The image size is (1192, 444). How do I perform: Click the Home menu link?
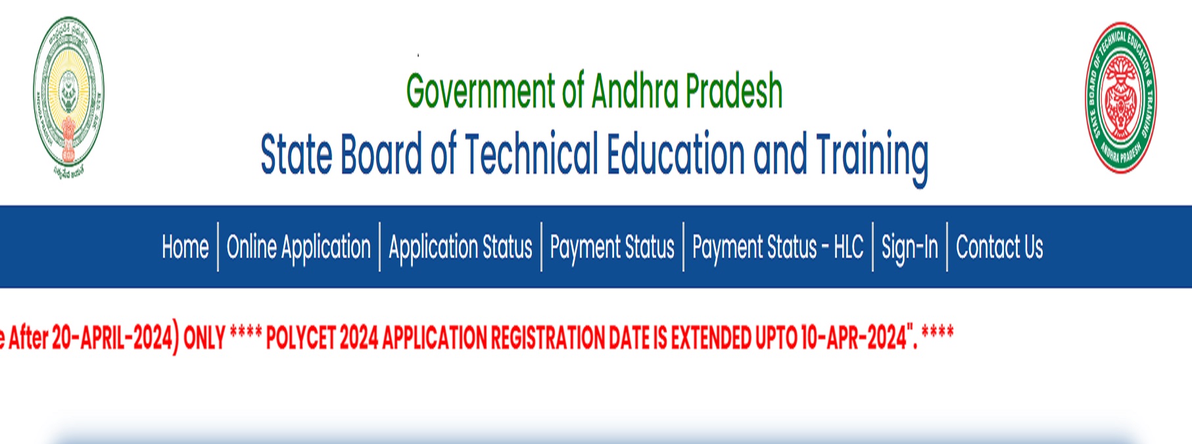[185, 247]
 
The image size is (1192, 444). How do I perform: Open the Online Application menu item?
[298, 247]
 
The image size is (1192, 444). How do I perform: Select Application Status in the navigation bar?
[460, 247]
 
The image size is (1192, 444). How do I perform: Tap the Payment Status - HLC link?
[778, 247]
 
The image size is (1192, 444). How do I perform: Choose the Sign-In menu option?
[909, 247]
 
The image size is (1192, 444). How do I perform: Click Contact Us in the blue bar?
[999, 247]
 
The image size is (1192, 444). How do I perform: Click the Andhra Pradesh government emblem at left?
[68, 97]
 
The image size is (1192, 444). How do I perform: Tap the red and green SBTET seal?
[1120, 97]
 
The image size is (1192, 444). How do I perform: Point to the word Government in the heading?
[481, 91]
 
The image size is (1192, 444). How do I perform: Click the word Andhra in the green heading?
[634, 91]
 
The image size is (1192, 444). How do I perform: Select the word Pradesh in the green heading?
[734, 91]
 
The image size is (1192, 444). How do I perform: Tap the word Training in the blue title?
[872, 155]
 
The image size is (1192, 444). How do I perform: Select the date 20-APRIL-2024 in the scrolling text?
[112, 337]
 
